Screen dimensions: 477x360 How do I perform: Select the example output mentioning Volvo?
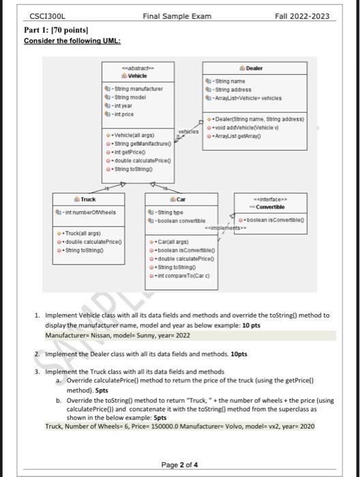click(180, 426)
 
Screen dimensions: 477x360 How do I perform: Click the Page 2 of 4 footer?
click(180, 465)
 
